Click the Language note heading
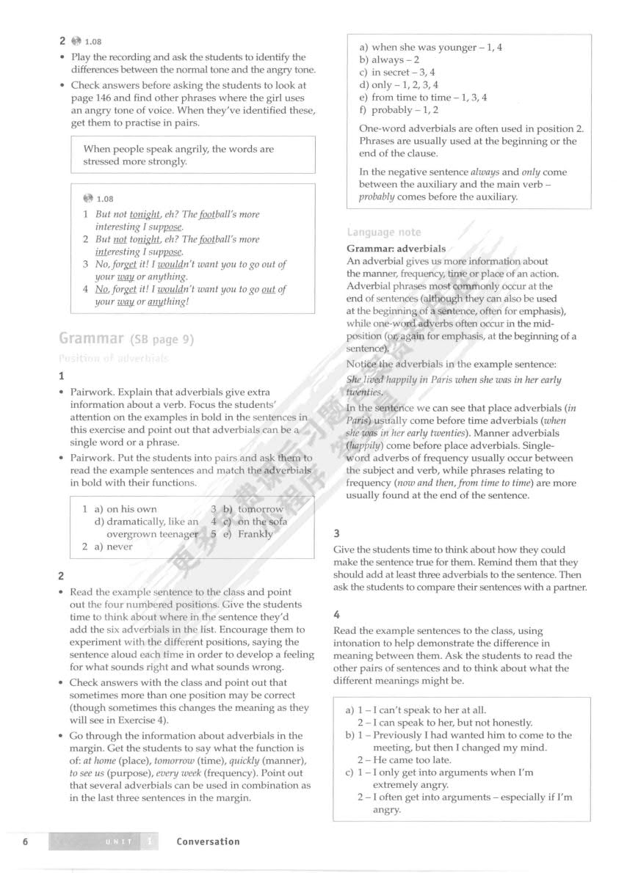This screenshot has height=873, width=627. [384, 233]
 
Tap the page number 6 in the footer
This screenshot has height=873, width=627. [26, 841]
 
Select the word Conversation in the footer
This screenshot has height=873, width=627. [208, 841]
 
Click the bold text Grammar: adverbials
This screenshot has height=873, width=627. [396, 249]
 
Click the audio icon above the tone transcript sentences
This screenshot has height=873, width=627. [89, 198]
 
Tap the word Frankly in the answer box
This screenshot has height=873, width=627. [255, 534]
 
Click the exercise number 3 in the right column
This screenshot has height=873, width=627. [337, 533]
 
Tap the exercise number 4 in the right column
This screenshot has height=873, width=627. [337, 614]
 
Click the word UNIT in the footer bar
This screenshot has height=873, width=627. [117, 842]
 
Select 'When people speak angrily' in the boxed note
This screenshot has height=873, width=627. [140, 149]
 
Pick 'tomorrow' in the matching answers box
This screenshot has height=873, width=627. [261, 509]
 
